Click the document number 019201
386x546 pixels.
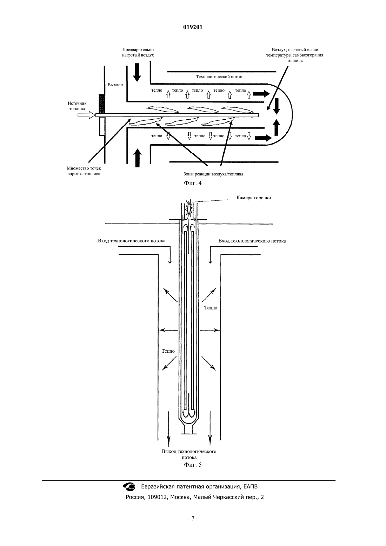coord(193,27)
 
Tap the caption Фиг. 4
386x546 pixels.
coord(193,183)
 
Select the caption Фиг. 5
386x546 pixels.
coord(193,465)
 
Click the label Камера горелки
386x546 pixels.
coord(253,198)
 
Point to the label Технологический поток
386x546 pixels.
coord(219,77)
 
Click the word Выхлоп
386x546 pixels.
coord(115,85)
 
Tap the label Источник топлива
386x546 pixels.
coord(77,106)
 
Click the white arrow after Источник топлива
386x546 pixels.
coord(86,115)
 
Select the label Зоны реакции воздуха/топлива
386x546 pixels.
coord(213,174)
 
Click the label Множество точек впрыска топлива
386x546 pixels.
coord(84,171)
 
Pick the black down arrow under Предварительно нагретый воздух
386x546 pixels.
coord(137,72)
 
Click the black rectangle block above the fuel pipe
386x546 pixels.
coord(102,104)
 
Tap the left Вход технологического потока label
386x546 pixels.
coord(132,241)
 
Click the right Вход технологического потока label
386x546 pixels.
coord(252,241)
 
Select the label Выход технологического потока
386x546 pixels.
coord(189,454)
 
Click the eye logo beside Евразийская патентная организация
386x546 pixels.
coord(129,487)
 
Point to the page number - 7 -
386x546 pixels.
coord(193,519)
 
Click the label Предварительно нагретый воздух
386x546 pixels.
coord(138,52)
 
